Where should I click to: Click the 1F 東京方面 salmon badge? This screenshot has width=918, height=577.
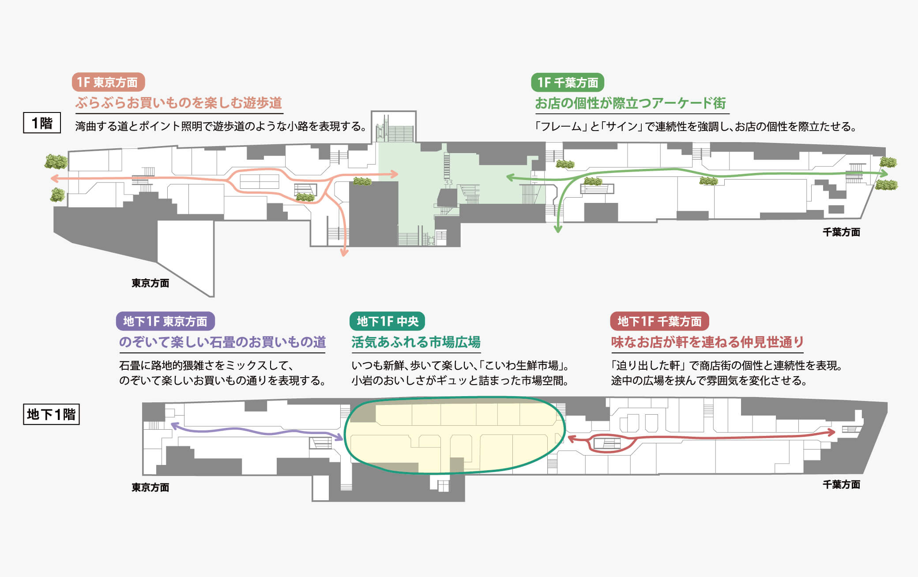pyautogui.click(x=108, y=82)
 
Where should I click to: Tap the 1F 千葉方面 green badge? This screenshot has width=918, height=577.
pyautogui.click(x=568, y=82)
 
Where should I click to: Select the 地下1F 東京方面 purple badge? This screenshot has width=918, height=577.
pyautogui.click(x=165, y=321)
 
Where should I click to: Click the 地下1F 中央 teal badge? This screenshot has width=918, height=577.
pyautogui.click(x=387, y=321)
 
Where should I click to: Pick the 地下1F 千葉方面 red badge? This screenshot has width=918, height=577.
pyautogui.click(x=659, y=321)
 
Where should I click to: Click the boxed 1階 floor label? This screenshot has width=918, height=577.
pyautogui.click(x=42, y=123)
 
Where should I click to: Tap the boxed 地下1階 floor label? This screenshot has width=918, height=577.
pyautogui.click(x=51, y=414)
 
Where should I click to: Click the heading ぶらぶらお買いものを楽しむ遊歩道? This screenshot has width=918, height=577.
pyautogui.click(x=178, y=103)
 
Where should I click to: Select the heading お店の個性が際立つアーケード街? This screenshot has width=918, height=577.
pyautogui.click(x=630, y=103)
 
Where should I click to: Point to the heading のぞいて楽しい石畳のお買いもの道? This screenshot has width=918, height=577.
pyautogui.click(x=222, y=342)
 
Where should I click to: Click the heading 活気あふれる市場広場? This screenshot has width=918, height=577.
pyautogui.click(x=416, y=342)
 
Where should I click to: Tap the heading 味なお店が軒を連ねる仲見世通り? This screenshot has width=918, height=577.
pyautogui.click(x=707, y=342)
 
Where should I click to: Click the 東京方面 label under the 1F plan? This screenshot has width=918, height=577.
pyautogui.click(x=150, y=283)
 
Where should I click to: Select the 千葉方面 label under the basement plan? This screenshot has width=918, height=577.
pyautogui.click(x=841, y=484)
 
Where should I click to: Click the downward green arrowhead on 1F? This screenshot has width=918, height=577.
pyautogui.click(x=558, y=229)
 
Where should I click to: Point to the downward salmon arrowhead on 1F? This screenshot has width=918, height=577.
pyautogui.click(x=344, y=252)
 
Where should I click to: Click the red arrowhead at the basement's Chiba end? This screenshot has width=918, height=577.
pyautogui.click(x=831, y=432)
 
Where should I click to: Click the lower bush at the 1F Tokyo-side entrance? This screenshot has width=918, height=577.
pyautogui.click(x=57, y=195)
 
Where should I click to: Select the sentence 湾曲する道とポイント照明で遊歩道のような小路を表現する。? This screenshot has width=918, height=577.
pyautogui.click(x=221, y=127)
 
